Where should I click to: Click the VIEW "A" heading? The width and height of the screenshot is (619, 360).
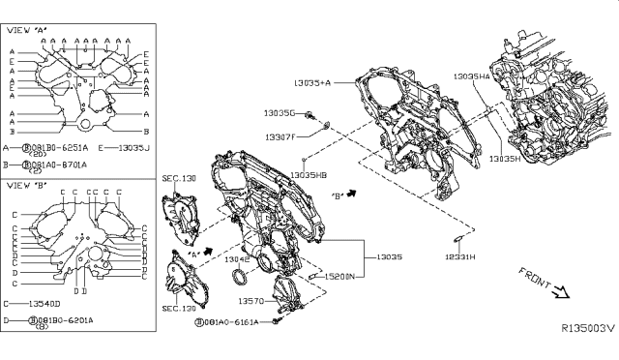29,31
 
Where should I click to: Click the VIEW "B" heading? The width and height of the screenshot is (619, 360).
29,184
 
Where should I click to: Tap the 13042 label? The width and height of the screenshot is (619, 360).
237,260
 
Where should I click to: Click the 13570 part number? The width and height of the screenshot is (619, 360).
252,302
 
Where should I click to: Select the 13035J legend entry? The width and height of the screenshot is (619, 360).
131,148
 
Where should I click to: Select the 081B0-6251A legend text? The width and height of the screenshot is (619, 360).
61,148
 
